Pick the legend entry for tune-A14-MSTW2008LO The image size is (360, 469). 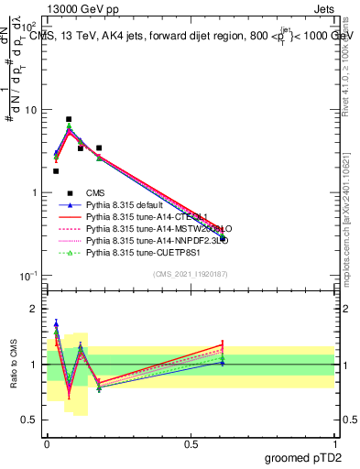pyautogui.click(x=147, y=228)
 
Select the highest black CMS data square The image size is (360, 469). pyautogui.click(x=69, y=119)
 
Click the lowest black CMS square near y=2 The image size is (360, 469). pyautogui.click(x=56, y=170)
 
